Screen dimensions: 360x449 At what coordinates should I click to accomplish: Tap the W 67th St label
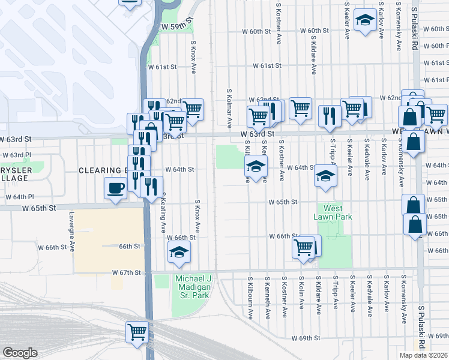click(127, 272)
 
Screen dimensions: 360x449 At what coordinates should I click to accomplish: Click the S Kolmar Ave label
click(229, 109)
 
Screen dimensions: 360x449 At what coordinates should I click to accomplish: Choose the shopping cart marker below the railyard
click(137, 331)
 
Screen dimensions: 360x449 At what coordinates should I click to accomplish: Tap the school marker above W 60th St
click(364, 21)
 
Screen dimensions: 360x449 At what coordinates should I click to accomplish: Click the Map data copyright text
click(423, 355)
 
